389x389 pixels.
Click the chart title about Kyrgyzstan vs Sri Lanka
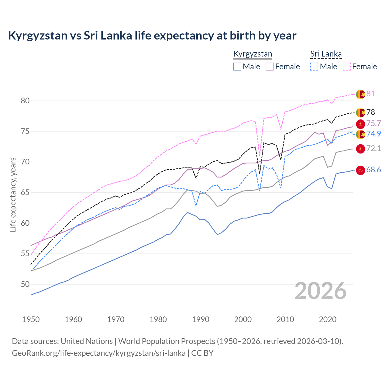pos(152,36)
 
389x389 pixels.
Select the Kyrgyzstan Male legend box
pos(237,67)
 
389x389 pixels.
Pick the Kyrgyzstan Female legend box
pos(270,67)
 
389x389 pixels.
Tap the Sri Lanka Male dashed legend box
pos(314,67)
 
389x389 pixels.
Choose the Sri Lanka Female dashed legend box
pos(347,67)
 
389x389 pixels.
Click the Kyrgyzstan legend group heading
pos(253,54)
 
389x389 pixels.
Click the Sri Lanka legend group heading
pos(326,54)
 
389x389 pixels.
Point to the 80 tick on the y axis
pos(25,101)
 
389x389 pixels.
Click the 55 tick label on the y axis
pos(25,254)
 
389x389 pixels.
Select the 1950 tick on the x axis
pos(31,319)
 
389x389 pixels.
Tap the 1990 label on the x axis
pos(201,319)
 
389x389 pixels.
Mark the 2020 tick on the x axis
pos(328,319)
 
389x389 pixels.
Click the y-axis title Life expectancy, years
pos(13,194)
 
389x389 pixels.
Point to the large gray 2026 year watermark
pos(321,291)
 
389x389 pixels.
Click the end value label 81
pos(370,94)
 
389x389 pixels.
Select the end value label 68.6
pos(374,170)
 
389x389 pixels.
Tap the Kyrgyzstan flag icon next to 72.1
pos(360,149)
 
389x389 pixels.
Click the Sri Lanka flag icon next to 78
pos(360,112)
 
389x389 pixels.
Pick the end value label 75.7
pos(374,123)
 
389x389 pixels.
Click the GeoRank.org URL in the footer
pos(98,353)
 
